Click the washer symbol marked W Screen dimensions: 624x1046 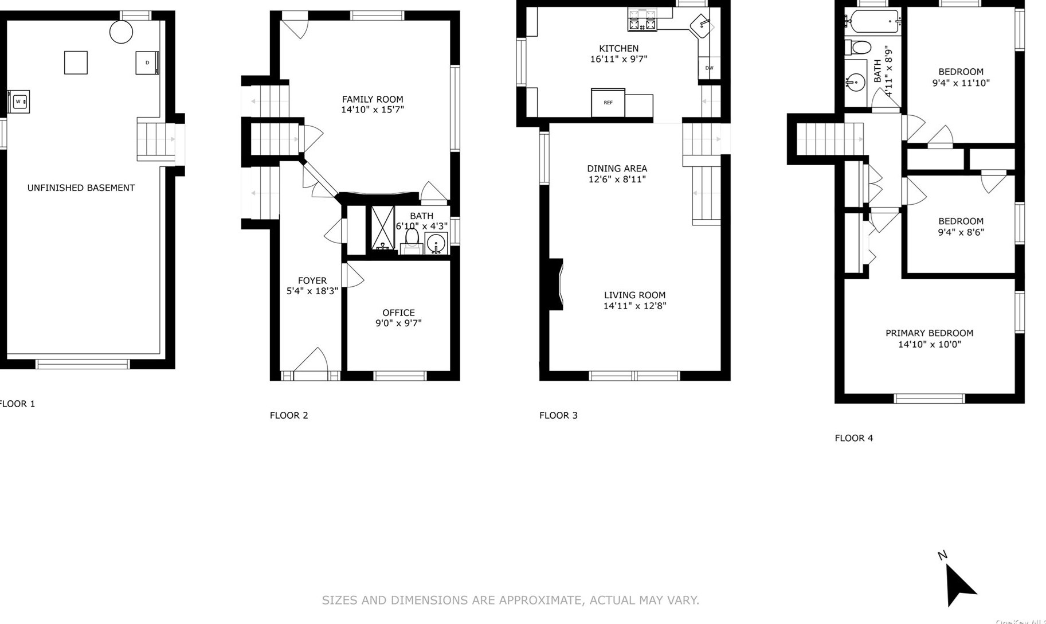pyautogui.click(x=18, y=102)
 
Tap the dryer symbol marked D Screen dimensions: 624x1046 pyautogui.click(x=147, y=63)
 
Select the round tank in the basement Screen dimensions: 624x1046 pyautogui.click(x=121, y=32)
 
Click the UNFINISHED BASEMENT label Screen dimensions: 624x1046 pyautogui.click(x=81, y=188)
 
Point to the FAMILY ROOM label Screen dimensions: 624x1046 pyautogui.click(x=373, y=99)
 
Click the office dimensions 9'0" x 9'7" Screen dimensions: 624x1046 pyautogui.click(x=398, y=323)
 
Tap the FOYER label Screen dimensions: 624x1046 pyautogui.click(x=312, y=280)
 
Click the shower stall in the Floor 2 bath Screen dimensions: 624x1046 pyautogui.click(x=382, y=228)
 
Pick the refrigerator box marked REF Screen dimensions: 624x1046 pyautogui.click(x=608, y=103)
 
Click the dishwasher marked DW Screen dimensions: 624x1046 pyautogui.click(x=709, y=68)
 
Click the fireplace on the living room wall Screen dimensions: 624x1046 pyautogui.click(x=556, y=284)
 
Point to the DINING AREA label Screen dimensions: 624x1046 pyautogui.click(x=617, y=169)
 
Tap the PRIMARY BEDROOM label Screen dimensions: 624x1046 pyautogui.click(x=929, y=333)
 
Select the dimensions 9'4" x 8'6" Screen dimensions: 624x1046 pyautogui.click(x=961, y=232)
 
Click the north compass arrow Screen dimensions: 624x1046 pyautogui.click(x=958, y=584)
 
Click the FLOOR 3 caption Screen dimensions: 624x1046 pyautogui.click(x=558, y=415)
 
